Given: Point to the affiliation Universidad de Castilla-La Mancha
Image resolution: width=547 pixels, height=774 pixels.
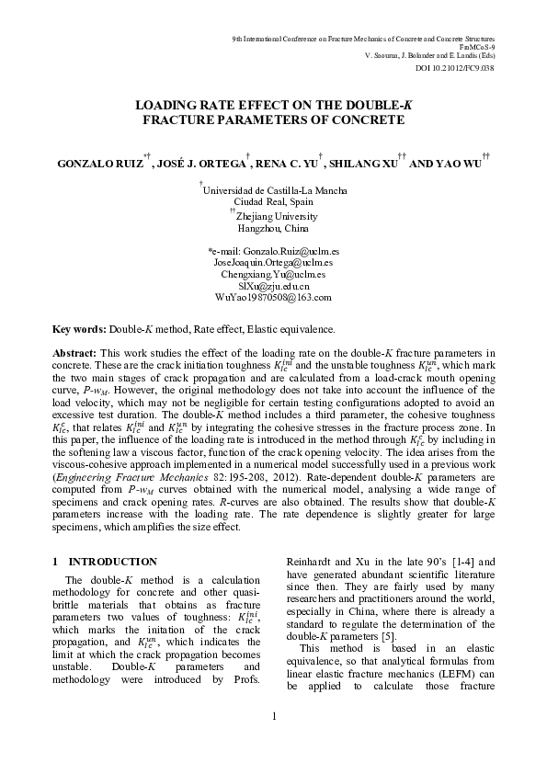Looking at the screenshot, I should point(275,190).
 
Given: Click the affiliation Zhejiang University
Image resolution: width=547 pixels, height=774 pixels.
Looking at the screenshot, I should point(277,217).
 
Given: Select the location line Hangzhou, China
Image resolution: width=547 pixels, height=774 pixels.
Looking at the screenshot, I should point(273,229).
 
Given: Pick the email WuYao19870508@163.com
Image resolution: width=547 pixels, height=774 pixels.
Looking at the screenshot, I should point(273,298).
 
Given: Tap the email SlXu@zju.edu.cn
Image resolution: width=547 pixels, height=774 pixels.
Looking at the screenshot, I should point(273,286).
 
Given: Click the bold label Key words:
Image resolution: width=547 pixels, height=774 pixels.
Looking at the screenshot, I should point(80,328).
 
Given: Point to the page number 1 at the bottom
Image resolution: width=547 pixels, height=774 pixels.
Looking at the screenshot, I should point(273,741).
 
